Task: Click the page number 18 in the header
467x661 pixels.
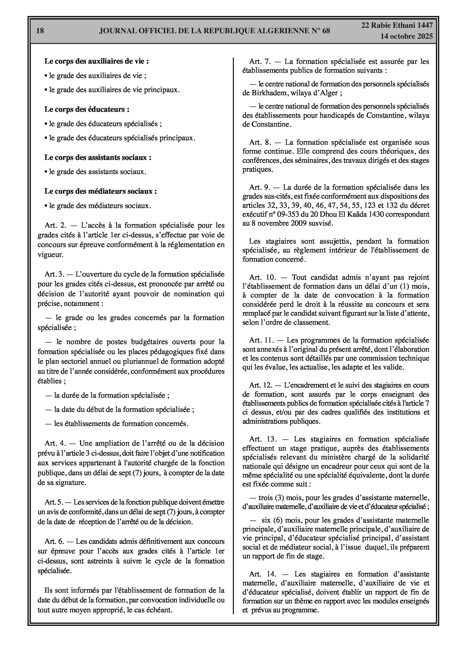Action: coord(40,31)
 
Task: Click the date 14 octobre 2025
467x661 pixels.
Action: coord(406,36)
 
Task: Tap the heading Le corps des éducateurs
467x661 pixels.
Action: coord(87,109)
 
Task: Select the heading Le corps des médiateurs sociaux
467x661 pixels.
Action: coord(100,191)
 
